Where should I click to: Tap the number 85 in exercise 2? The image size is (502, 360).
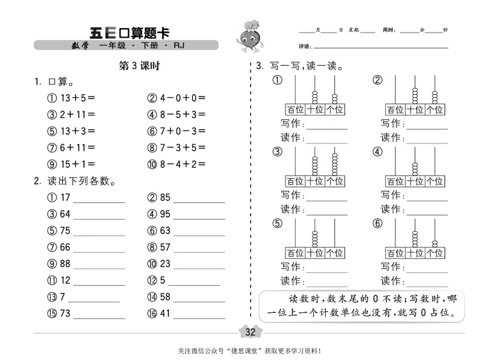(x=165, y=198)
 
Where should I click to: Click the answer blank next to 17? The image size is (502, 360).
(x=100, y=201)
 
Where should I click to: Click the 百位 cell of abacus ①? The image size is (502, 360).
(x=295, y=110)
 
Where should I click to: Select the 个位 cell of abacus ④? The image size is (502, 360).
(x=434, y=181)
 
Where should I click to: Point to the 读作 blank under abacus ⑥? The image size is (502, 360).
(x=425, y=282)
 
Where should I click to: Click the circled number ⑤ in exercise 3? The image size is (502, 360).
(x=277, y=223)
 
